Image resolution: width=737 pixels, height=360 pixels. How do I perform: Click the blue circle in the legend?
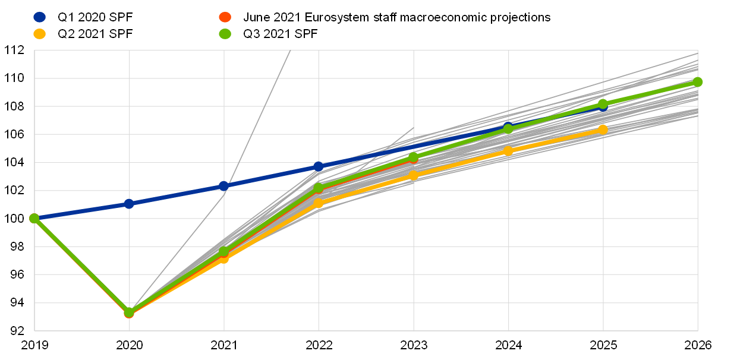[x=39, y=17]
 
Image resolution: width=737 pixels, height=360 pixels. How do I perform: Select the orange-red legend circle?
[x=225, y=17]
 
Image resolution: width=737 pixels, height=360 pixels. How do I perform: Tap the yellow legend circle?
[x=39, y=34]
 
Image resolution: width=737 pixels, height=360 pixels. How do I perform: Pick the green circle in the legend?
[x=225, y=34]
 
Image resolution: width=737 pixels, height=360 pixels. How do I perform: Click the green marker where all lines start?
[x=34, y=218]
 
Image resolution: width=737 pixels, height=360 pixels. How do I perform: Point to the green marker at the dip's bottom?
[x=129, y=312]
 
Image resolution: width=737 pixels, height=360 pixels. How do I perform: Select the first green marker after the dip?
[x=224, y=252]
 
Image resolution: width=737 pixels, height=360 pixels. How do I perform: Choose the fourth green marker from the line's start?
[x=319, y=188]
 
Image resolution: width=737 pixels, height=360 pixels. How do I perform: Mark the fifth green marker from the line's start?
[x=413, y=157]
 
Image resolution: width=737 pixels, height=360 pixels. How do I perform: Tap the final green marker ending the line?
[x=698, y=82]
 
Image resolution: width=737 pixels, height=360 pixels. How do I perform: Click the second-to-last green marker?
[x=603, y=104]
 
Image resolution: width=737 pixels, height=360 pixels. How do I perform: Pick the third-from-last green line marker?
[x=508, y=128]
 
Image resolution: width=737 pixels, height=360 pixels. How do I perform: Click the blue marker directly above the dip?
[x=129, y=204]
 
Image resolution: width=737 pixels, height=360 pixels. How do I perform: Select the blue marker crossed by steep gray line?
[x=224, y=186]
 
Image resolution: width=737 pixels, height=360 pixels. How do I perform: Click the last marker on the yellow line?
[x=603, y=130]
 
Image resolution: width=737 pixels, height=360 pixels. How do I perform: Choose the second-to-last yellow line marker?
[x=508, y=151]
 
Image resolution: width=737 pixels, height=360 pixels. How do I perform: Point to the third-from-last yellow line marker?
[x=413, y=175]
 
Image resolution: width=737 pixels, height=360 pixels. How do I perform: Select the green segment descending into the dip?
[x=81, y=265]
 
